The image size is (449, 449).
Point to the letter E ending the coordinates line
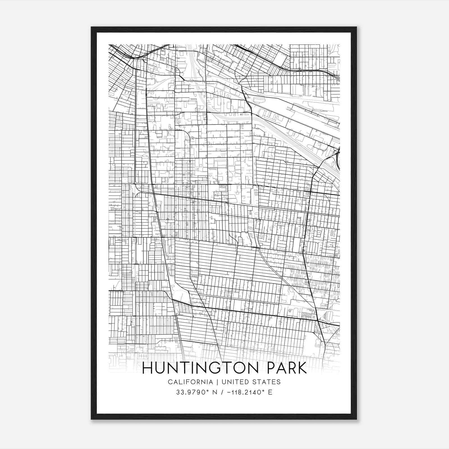270,392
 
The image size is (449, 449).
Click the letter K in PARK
301,368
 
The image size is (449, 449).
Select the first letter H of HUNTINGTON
148,368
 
